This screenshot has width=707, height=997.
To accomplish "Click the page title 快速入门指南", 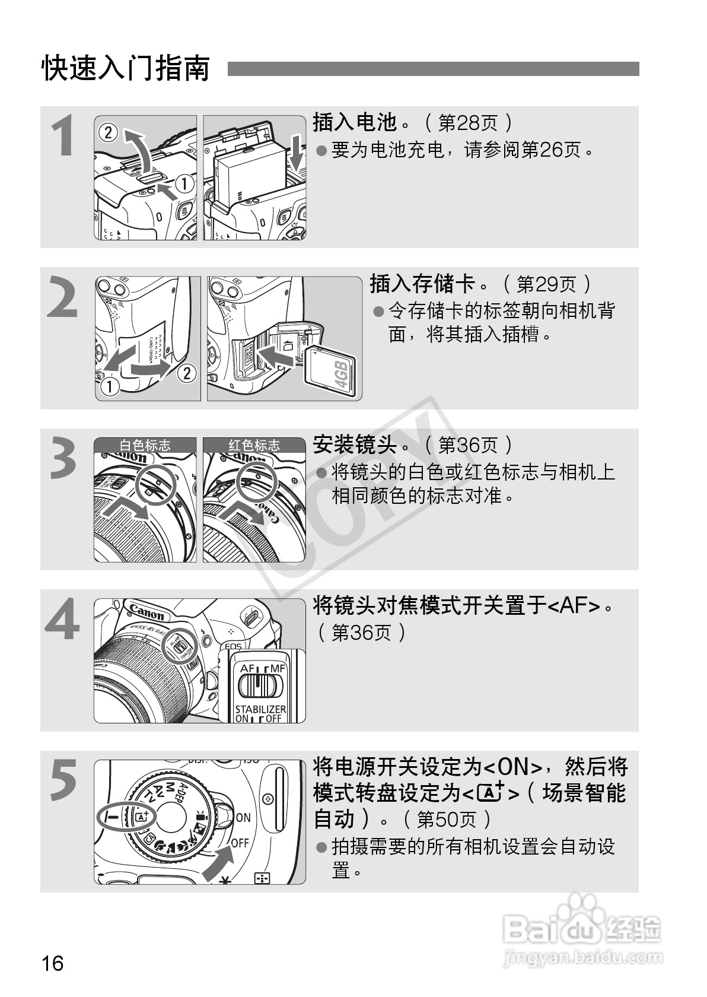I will (125, 69).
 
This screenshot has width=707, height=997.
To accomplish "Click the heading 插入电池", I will (354, 122).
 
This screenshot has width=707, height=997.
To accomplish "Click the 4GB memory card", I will (331, 372).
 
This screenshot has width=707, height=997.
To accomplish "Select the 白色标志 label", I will (145, 444).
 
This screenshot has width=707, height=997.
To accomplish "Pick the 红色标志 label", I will (254, 444).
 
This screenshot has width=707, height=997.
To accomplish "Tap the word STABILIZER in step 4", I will (260, 709).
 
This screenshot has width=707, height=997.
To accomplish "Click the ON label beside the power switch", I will (243, 817).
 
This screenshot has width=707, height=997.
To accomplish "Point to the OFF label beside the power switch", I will (240, 843).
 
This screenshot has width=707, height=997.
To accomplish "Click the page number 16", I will (52, 963).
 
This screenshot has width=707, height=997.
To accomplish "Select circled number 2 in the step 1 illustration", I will (108, 132).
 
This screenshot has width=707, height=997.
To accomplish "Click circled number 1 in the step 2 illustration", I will (110, 387).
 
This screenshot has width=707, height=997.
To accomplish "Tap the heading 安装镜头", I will (354, 444).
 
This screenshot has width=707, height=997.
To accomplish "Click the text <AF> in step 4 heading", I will (573, 606).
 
